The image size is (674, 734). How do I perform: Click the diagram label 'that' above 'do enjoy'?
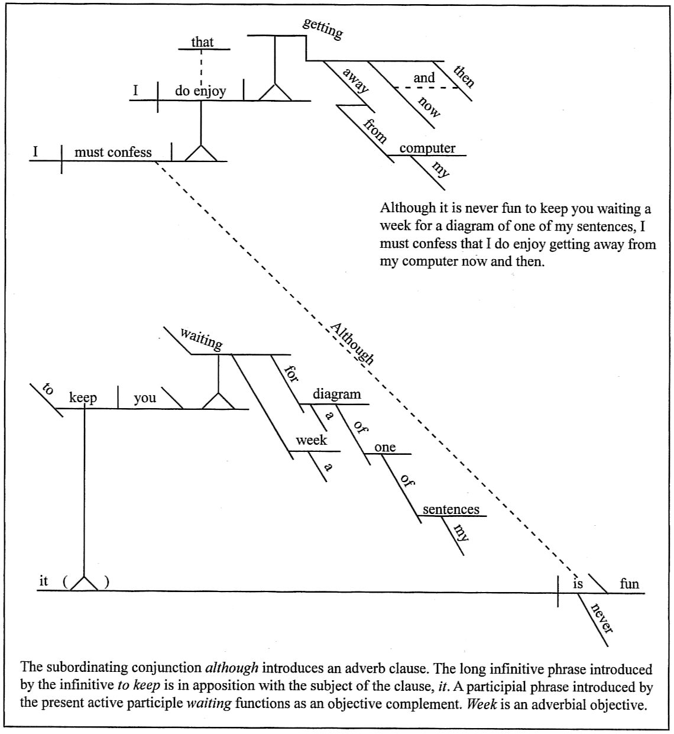[202, 42]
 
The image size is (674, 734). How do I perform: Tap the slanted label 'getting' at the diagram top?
[322, 28]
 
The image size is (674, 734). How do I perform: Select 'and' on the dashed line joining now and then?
[424, 77]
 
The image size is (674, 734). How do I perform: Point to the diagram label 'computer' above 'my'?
[427, 148]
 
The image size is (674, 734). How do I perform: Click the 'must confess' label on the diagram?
[113, 152]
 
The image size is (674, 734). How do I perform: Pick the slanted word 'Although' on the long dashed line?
[352, 344]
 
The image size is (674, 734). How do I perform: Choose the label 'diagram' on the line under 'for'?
[336, 395]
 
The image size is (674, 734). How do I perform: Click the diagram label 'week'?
[311, 440]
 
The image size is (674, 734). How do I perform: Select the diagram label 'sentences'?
[451, 509]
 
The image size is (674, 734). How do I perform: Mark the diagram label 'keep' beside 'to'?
[83, 397]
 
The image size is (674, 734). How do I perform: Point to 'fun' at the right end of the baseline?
[629, 584]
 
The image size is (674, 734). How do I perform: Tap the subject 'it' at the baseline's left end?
[43, 581]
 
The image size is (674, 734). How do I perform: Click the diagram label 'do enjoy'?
[200, 92]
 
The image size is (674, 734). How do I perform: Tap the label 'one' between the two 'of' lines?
[385, 447]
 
